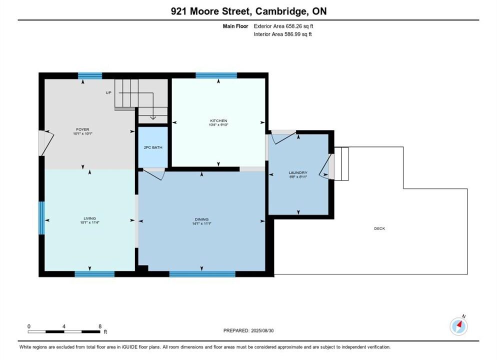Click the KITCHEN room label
[x=218, y=120]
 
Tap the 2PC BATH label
[x=153, y=147]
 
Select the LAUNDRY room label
[x=298, y=172]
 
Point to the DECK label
[x=379, y=228]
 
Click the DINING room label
[x=201, y=219]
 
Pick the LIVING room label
[x=89, y=218]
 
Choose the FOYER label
[x=82, y=129]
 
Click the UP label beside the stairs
[x=108, y=93]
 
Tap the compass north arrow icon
[x=458, y=326]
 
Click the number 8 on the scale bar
[x=100, y=326]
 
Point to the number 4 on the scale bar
[x=64, y=326]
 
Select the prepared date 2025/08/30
[x=262, y=330]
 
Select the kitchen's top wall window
[x=216, y=75]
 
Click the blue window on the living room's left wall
[x=41, y=218]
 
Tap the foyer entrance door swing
[x=46, y=143]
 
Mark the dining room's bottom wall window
[x=202, y=274]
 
